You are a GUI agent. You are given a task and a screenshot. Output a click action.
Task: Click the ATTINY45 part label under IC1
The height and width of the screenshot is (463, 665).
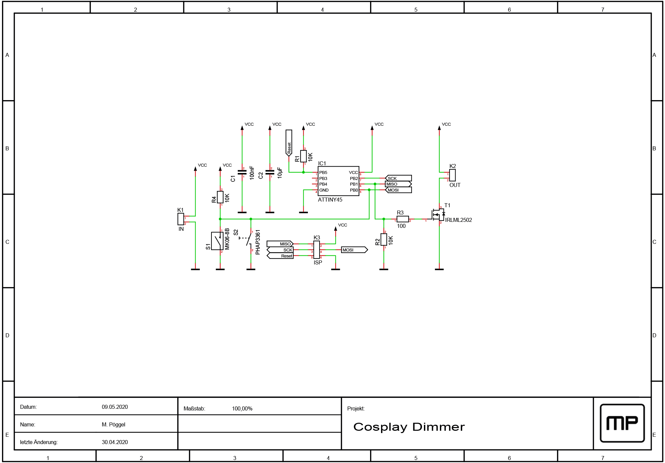[x=330, y=200]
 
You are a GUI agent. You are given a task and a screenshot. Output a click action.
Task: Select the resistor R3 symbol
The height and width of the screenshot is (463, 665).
[x=403, y=219]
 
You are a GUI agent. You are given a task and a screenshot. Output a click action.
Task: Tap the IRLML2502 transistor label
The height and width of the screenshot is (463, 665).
[x=459, y=220]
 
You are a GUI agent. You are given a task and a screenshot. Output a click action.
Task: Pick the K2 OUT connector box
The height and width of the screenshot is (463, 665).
[x=452, y=175]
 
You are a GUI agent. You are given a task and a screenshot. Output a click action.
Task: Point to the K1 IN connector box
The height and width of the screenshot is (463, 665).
[x=181, y=219]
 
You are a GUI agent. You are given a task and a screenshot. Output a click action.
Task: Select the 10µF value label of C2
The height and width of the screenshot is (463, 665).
[x=280, y=173]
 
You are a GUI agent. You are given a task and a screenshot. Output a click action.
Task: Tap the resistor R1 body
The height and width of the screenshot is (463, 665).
[x=303, y=156]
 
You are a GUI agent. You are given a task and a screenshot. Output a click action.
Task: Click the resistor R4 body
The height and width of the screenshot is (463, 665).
[x=220, y=197]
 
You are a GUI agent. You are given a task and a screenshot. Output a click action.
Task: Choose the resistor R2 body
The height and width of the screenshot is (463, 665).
[x=384, y=239]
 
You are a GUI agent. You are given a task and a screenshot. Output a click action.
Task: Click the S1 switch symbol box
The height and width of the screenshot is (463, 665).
[x=217, y=241]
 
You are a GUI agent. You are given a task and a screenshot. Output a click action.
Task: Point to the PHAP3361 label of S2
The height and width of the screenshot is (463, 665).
[x=258, y=242]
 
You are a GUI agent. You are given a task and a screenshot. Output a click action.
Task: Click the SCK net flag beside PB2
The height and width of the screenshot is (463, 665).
[x=398, y=178]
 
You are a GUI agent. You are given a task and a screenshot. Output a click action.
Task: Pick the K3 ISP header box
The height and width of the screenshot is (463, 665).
[x=317, y=250]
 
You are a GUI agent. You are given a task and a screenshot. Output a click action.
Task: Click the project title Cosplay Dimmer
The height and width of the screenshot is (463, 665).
[x=409, y=427]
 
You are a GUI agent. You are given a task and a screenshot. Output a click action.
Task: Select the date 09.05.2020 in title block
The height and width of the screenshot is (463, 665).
[x=115, y=407]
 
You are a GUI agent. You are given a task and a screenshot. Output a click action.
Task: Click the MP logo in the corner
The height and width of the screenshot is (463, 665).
[x=622, y=423]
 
